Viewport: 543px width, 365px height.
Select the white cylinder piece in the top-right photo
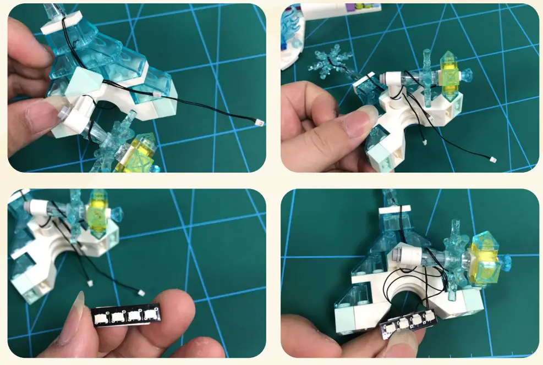point(392,84)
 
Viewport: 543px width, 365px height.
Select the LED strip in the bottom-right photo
point(409,324)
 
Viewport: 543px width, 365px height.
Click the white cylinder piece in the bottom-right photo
point(408,254)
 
